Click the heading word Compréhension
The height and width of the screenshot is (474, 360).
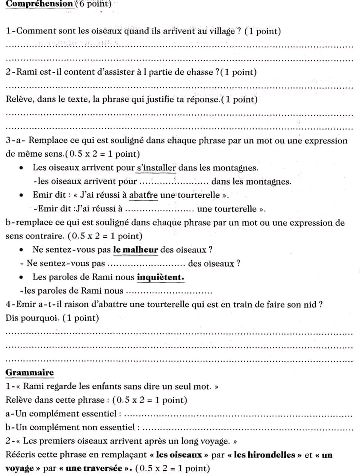tap(39, 4)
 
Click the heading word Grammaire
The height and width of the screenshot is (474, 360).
tap(29, 373)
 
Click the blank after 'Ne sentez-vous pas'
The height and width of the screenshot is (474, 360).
tap(147, 264)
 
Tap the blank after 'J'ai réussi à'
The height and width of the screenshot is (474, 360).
tap(159, 209)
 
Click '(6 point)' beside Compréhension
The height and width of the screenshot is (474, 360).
tap(93, 4)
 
